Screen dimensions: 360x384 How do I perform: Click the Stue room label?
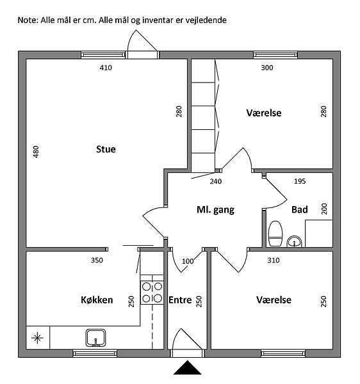tap(106, 149)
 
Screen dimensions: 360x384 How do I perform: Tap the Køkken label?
tap(97, 300)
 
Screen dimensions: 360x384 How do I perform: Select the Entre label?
tap(180, 300)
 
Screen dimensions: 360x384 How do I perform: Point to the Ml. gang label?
tap(215, 210)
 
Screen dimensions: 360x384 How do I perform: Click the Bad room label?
tap(300, 210)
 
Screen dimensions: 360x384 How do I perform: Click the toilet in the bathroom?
tap(275, 234)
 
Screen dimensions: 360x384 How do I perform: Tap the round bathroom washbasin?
tap(294, 241)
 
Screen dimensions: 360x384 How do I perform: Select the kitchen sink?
tap(96, 338)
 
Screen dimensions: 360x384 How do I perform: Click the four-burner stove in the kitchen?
tap(152, 292)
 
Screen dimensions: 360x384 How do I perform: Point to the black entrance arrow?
tap(188, 367)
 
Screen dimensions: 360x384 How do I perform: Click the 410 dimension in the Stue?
tap(106, 68)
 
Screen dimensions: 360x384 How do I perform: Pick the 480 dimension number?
tap(36, 152)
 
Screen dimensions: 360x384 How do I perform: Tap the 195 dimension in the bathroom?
tap(300, 181)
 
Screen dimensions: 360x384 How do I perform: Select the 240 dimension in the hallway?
tap(216, 182)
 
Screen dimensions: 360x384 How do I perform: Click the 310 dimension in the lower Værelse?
tap(274, 260)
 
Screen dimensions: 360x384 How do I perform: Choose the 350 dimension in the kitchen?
tap(97, 260)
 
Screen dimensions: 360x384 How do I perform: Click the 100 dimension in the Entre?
tap(188, 261)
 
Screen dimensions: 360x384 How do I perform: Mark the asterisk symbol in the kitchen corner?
tap(38, 338)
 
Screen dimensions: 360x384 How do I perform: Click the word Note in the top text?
tap(27, 20)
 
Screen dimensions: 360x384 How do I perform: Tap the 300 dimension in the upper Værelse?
tap(267, 68)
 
